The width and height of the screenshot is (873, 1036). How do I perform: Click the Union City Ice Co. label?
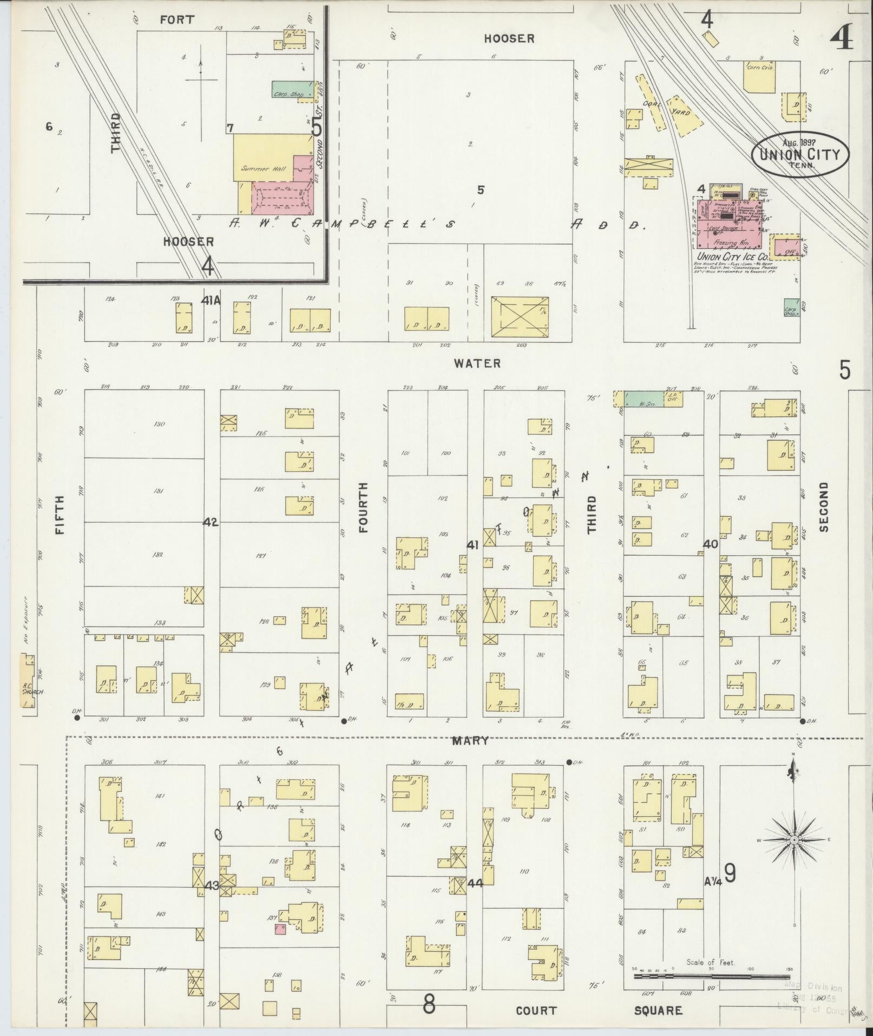click(733, 257)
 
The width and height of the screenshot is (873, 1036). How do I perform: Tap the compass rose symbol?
click(793, 855)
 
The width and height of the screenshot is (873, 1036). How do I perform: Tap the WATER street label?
click(477, 364)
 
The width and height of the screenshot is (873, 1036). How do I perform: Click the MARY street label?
click(471, 741)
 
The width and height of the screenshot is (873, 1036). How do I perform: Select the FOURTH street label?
click(363, 507)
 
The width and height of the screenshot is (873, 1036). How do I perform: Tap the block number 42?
click(211, 522)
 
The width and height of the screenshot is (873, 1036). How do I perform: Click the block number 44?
click(475, 883)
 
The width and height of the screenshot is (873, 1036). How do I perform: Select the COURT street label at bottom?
click(535, 1011)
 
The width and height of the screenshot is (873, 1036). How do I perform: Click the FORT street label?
click(177, 20)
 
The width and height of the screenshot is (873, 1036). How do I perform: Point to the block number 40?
click(710, 544)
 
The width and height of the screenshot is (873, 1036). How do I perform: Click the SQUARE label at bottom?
click(658, 1011)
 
